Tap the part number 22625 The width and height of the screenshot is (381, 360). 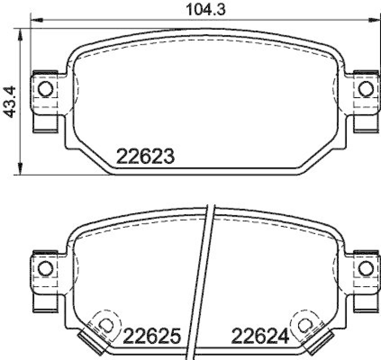[x=152, y=337]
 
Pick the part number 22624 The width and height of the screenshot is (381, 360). [x=261, y=337]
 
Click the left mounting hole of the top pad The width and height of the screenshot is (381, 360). [x=45, y=89]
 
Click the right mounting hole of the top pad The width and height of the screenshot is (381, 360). [x=365, y=89]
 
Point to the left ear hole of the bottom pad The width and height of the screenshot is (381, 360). [x=45, y=268]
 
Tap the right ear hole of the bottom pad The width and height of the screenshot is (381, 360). [x=365, y=268]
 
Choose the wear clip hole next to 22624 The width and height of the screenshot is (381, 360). [x=305, y=324]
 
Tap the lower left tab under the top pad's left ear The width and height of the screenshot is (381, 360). [x=44, y=124]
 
